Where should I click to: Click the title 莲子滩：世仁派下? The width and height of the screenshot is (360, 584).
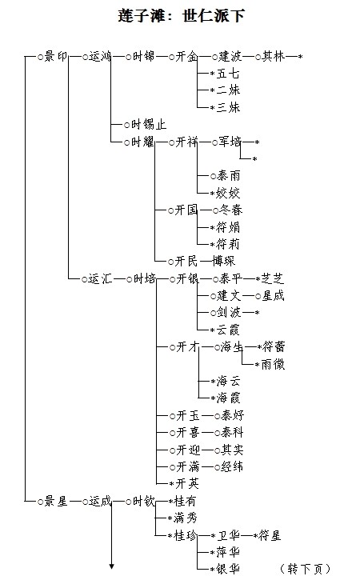point(182,16)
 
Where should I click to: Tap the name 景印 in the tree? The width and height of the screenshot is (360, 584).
point(56,57)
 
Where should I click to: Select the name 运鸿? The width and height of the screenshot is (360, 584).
point(100,57)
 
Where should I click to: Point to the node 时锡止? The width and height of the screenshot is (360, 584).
point(149,124)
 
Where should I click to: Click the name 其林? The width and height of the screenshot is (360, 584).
point(274,57)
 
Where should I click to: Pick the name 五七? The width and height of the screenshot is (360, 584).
point(228,74)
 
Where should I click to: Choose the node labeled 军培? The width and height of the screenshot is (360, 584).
point(230,142)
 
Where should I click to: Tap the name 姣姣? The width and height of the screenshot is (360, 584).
point(228,193)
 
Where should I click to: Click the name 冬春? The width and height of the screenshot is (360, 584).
point(230,210)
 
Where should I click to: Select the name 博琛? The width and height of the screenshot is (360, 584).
point(224,261)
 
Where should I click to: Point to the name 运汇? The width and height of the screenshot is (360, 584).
point(100,278)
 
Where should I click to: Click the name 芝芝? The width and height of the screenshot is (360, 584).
point(273,278)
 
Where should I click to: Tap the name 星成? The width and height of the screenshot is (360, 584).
point(274,296)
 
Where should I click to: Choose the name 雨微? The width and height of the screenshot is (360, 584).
point(274,364)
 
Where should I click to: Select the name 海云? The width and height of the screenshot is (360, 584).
point(228,381)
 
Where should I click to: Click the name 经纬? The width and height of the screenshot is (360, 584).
point(232,466)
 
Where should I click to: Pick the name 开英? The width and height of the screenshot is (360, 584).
point(187,483)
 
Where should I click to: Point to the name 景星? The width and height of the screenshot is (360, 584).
point(56,502)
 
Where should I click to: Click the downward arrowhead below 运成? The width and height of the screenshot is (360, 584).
point(111,566)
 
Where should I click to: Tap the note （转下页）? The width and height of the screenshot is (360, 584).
point(305,569)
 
